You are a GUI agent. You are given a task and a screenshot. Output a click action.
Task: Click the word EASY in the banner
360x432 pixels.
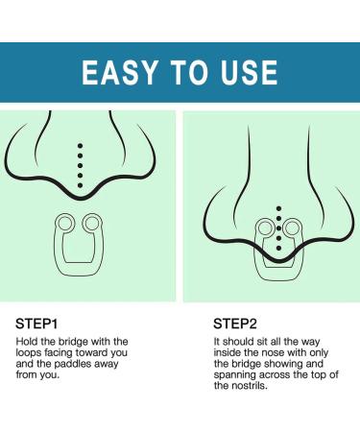pos(120,72)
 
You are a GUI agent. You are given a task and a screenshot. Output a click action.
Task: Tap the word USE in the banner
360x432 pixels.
pos(249,72)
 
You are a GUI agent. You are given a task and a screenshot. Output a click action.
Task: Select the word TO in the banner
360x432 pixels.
pos(189,72)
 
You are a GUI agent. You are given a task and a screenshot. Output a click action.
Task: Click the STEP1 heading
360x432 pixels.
pos(36,324)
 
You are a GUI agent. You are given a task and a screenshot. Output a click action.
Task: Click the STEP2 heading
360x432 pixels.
pos(235,324)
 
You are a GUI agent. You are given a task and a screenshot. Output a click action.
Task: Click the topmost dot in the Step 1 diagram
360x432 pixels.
pos(80,146)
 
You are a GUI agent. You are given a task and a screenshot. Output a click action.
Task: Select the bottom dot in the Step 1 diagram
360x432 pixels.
pos(80,185)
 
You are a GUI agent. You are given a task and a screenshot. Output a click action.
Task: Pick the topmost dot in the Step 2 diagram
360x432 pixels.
pos(278,208)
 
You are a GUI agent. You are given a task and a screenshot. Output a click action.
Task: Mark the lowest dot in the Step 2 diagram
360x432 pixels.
pos(278,248)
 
